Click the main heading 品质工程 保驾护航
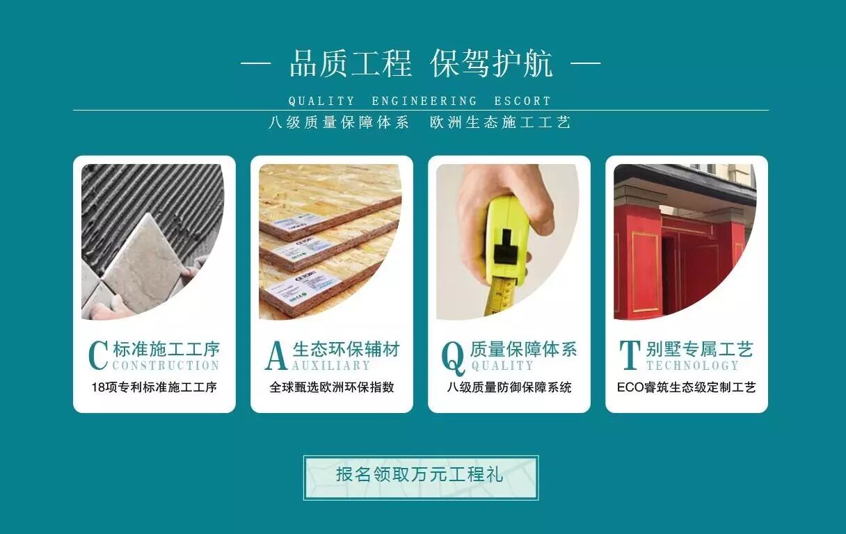click(x=421, y=63)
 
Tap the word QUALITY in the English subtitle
click(x=321, y=101)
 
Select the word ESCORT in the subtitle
click(x=522, y=101)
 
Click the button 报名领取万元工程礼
click(x=421, y=478)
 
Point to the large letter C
click(x=99, y=355)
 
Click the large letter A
click(x=276, y=356)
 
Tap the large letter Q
click(x=453, y=358)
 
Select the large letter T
click(x=630, y=355)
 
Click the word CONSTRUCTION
click(x=166, y=365)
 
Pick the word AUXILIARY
click(x=331, y=365)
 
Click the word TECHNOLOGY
click(x=693, y=365)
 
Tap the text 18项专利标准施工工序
click(x=154, y=387)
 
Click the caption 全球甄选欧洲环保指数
click(x=332, y=387)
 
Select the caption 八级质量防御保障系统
click(x=509, y=387)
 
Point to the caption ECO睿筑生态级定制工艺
click(x=687, y=387)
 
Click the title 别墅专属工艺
click(x=700, y=349)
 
